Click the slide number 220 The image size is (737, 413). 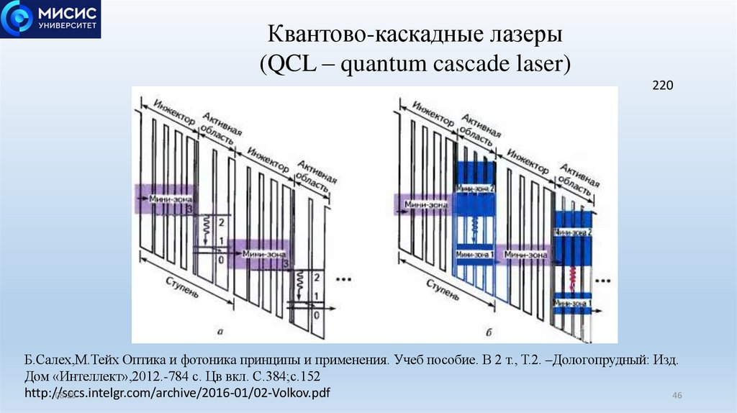pyautogui.click(x=662, y=86)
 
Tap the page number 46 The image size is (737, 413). pyautogui.click(x=677, y=396)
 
